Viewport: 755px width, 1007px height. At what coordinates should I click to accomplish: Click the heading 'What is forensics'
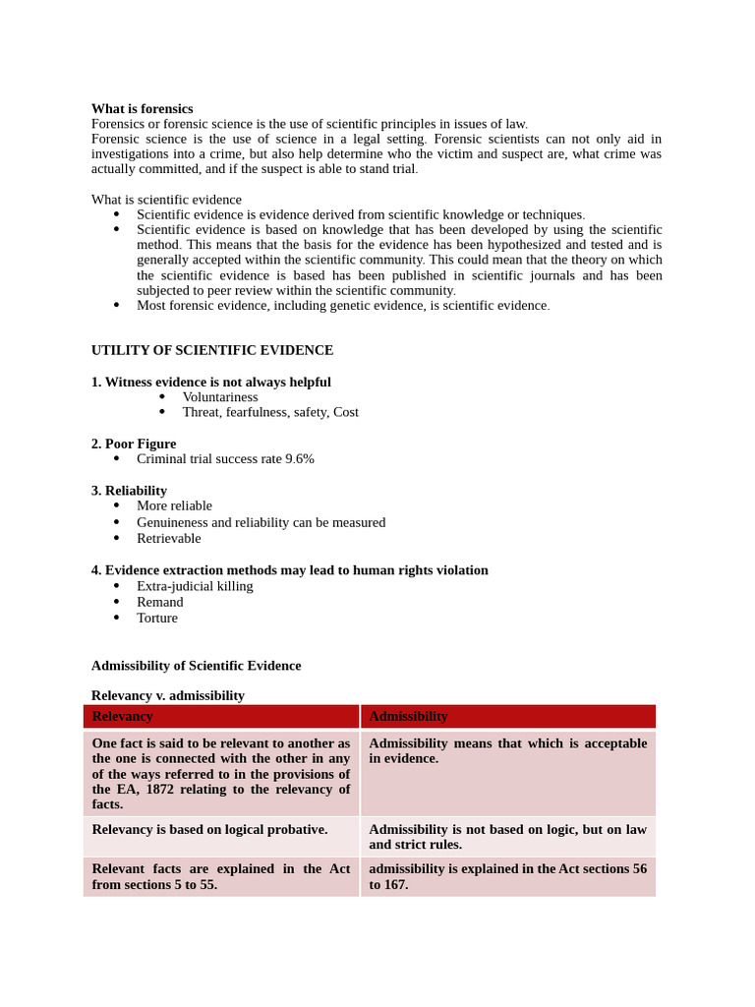coord(142,108)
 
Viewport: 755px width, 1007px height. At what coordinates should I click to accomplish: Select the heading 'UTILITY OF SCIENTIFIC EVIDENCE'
coord(211,350)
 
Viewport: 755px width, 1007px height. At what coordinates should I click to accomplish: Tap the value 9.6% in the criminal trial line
coord(299,459)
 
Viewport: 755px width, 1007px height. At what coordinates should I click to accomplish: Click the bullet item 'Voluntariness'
coord(219,397)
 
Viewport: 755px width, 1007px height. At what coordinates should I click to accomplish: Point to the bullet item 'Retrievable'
coord(168,539)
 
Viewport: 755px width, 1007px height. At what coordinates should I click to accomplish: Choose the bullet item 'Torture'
coord(157,619)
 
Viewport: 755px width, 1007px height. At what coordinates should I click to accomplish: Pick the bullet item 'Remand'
coord(159,602)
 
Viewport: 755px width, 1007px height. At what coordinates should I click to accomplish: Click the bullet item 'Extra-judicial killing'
coord(195,586)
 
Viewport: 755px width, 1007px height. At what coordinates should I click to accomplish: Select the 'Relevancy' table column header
coord(122,717)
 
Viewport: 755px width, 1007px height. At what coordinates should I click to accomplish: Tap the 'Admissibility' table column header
coord(408,717)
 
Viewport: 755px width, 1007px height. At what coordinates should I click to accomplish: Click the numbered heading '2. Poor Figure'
coord(134,444)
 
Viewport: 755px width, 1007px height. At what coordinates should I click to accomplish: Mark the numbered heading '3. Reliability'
coord(129,491)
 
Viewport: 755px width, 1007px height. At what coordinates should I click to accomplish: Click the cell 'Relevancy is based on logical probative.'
coord(209,830)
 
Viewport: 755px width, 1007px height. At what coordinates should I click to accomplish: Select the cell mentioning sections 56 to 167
coord(507,876)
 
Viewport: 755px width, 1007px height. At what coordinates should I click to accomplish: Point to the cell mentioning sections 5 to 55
coord(220,876)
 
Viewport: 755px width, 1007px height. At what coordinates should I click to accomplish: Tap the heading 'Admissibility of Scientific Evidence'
coord(196,666)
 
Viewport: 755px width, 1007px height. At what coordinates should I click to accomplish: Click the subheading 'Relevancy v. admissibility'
coord(168,695)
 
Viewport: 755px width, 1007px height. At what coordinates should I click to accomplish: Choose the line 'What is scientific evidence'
coord(166,200)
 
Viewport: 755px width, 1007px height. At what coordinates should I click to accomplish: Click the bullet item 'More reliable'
coord(174,506)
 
